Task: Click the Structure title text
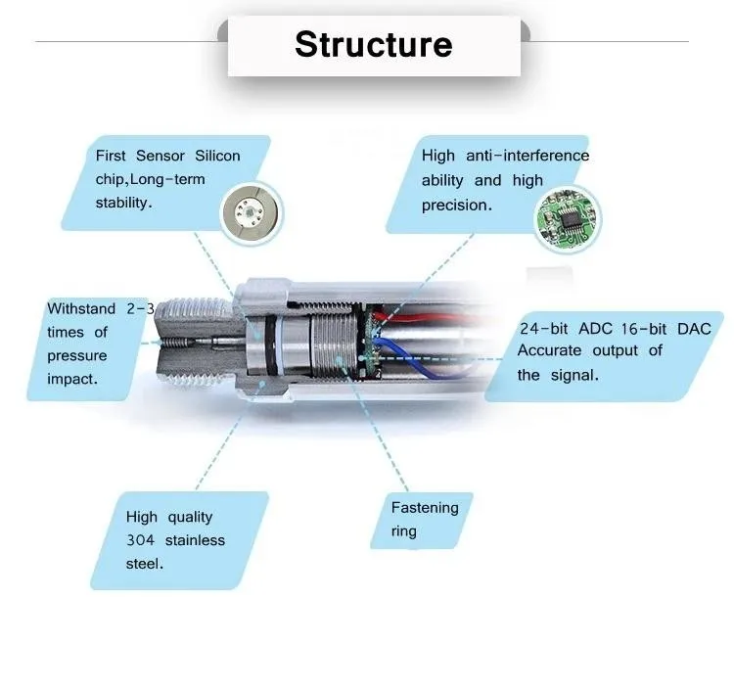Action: click(373, 44)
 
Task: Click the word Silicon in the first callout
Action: click(217, 156)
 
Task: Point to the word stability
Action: click(123, 203)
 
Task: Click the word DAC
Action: click(695, 327)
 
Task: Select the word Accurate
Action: click(551, 350)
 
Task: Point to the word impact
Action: click(72, 379)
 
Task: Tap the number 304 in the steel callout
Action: click(141, 540)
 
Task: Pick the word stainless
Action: click(194, 540)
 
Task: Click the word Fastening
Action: click(425, 507)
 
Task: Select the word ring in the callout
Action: click(403, 531)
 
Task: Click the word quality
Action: click(191, 517)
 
